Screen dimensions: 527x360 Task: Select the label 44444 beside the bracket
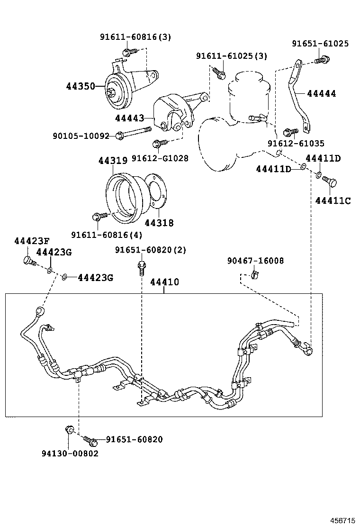coord(321,94)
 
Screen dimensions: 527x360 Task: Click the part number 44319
coord(113,161)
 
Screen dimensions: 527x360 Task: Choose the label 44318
coord(159,222)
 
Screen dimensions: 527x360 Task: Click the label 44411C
coord(333,201)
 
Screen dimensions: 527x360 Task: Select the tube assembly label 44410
coord(164,282)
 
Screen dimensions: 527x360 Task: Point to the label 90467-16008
coord(255,261)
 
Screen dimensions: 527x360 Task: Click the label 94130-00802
coord(70,453)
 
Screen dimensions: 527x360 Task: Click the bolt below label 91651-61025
coord(322,60)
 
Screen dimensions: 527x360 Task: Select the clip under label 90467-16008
coord(255,273)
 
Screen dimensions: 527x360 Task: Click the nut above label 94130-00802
coord(68,429)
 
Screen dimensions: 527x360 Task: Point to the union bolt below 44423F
coord(28,260)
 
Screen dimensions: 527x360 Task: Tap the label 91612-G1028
coord(160,158)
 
